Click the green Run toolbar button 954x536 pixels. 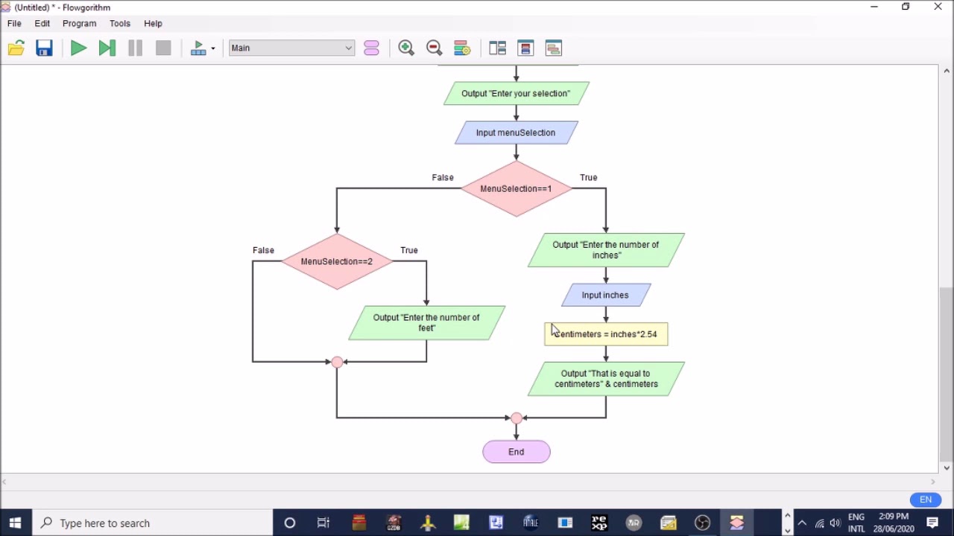point(78,48)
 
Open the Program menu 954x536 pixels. point(79,23)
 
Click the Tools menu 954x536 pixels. point(119,23)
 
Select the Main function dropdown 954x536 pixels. point(291,48)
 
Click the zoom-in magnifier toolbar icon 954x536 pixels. point(406,48)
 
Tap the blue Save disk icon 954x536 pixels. point(44,48)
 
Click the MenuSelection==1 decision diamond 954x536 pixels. point(516,189)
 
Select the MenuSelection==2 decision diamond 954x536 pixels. point(337,262)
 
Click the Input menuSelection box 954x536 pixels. point(516,133)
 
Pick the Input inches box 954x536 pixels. point(605,296)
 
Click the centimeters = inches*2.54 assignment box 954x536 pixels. point(606,334)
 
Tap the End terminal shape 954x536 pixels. point(516,452)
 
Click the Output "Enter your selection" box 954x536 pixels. point(516,94)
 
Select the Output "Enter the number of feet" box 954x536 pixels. point(426,323)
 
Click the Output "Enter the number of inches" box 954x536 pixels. point(605,250)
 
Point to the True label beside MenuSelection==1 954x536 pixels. point(588,177)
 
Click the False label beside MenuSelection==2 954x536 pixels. point(263,250)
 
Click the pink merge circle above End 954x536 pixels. point(516,418)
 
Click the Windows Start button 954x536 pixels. point(15,523)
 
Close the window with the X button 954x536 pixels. point(938,7)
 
